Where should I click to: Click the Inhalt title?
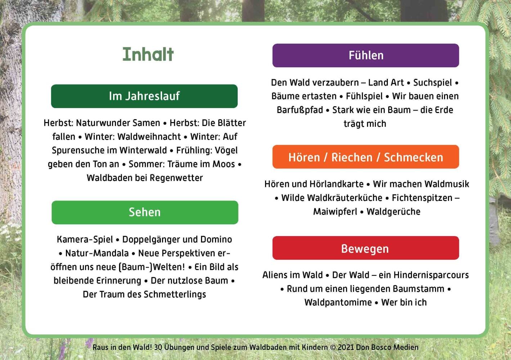(x=148, y=54)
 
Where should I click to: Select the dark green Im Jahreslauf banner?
(x=144, y=96)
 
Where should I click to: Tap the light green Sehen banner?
(x=145, y=212)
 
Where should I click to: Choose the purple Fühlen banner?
(x=366, y=55)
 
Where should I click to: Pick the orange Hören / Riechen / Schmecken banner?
(x=366, y=157)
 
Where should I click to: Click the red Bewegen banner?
(x=366, y=248)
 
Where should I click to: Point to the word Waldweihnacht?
(x=149, y=137)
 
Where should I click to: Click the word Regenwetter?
(x=176, y=178)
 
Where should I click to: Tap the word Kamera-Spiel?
(x=85, y=240)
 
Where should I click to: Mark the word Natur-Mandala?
(x=97, y=253)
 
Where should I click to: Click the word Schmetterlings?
(x=175, y=294)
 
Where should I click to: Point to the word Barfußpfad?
(x=300, y=110)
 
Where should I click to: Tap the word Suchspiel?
(x=432, y=83)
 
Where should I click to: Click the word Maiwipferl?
(x=335, y=212)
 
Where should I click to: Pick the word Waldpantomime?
(x=338, y=303)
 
